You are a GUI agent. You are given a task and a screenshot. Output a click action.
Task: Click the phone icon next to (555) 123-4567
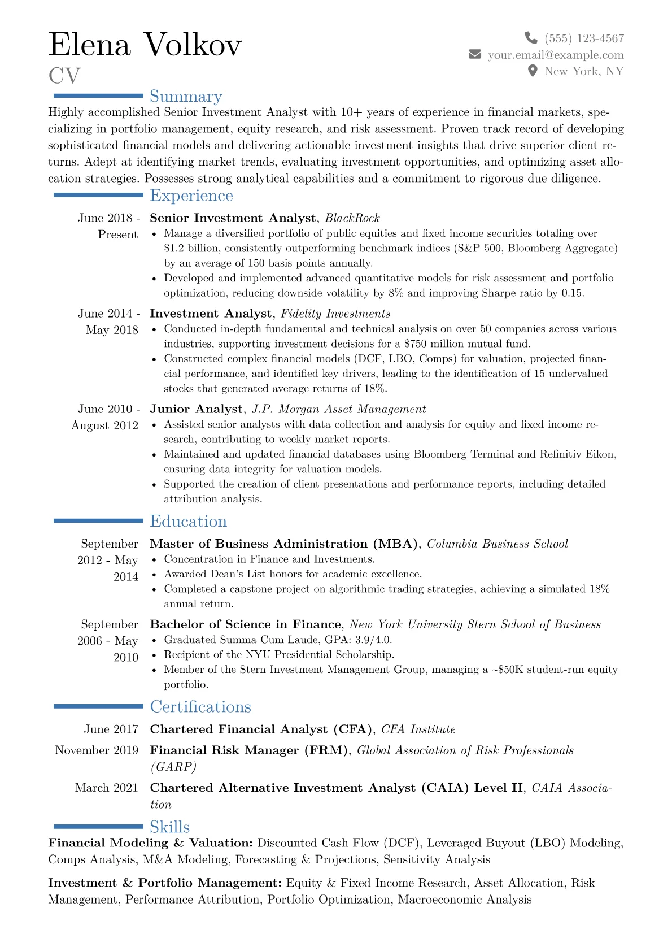click(x=531, y=38)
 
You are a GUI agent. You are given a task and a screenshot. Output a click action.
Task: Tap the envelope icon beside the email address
click(x=475, y=54)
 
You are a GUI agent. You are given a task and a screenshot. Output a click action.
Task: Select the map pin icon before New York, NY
click(x=532, y=71)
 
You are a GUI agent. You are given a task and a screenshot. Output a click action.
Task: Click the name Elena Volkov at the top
click(x=145, y=45)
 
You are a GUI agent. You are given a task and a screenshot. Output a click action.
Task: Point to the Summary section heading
click(x=186, y=97)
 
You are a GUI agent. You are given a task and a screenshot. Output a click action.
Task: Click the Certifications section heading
click(x=200, y=707)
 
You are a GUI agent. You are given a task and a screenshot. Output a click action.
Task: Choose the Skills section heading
click(x=169, y=827)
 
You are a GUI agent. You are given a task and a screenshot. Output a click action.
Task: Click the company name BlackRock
click(x=352, y=218)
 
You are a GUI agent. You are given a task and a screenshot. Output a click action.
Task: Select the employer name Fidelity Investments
click(x=335, y=314)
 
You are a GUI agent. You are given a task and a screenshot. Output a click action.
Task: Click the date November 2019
click(x=97, y=750)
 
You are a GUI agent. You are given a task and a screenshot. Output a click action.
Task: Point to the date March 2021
click(x=106, y=788)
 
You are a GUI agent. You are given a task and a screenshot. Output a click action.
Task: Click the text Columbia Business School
click(x=498, y=544)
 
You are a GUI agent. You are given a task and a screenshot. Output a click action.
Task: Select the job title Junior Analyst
click(x=196, y=409)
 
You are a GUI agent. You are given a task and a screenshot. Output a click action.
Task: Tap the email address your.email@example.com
click(x=556, y=55)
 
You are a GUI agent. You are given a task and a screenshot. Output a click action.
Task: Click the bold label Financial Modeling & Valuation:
click(x=150, y=843)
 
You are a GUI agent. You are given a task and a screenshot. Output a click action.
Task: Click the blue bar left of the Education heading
click(x=98, y=521)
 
